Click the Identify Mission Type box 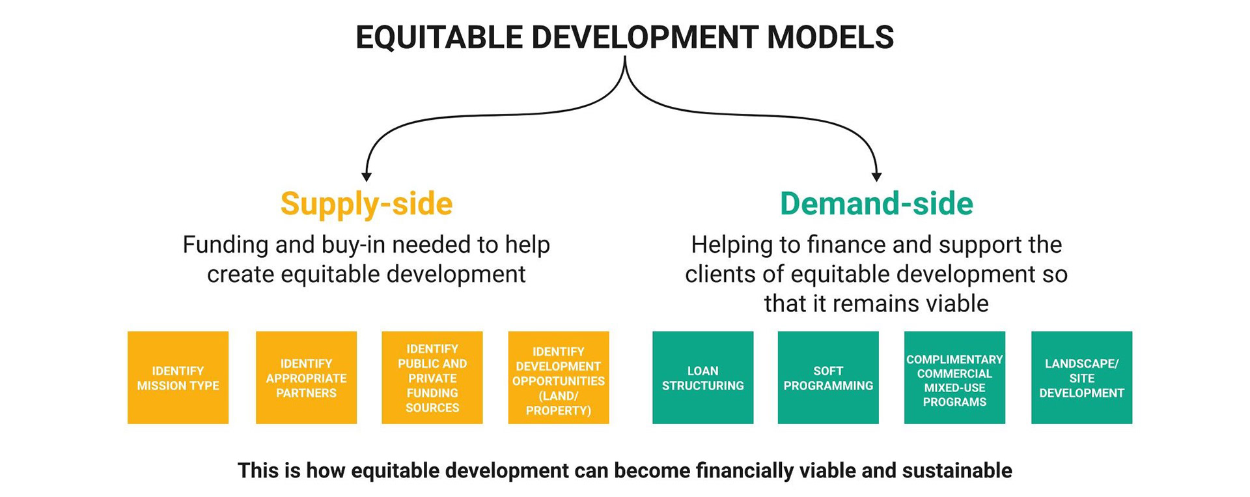point(178,378)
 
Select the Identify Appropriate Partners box point(306,378)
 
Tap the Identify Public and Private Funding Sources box point(432,378)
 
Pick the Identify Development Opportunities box point(559,378)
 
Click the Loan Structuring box point(702,378)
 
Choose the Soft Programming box point(828,378)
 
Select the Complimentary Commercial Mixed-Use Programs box point(954,378)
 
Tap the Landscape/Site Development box point(1081,378)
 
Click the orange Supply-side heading point(366,203)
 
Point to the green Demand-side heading point(876,203)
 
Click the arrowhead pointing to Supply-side point(367,176)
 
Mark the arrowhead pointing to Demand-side point(876,176)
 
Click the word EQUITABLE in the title point(439,37)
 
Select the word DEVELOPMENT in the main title point(645,37)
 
